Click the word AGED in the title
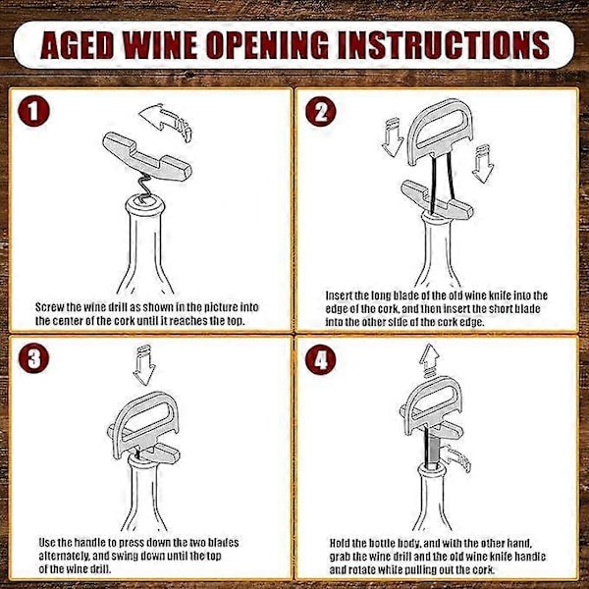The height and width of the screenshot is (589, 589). pos(77,44)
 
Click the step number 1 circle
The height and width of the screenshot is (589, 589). pos(33,111)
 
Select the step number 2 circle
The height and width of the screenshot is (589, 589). pos(320,111)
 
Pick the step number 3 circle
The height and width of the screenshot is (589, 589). pos(33,357)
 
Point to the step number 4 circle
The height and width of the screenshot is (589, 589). pos(320,357)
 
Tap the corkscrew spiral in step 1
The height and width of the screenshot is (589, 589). pos(144,187)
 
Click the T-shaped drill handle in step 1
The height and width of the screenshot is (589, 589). pos(146,156)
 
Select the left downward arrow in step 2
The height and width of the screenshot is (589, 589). pos(393,137)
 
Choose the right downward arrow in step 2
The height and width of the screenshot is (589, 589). pos(483,163)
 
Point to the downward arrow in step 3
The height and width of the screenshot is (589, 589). pos(144,365)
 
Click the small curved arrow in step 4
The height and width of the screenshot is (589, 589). pos(455,457)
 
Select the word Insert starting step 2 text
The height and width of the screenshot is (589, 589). pos(339,295)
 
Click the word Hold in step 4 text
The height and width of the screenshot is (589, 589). pos(341,543)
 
